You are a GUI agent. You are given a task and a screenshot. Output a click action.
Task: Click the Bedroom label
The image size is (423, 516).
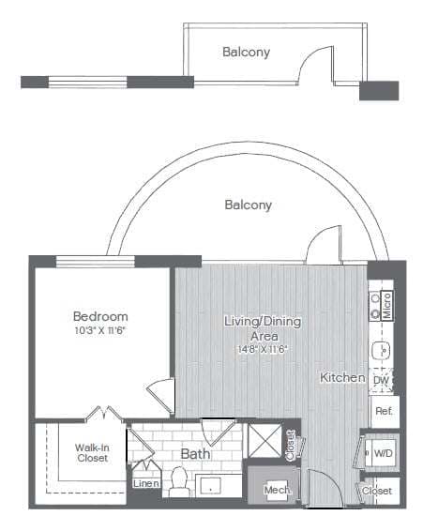coord(100,316)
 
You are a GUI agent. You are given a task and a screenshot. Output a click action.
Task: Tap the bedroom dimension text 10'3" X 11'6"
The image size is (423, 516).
coord(100,330)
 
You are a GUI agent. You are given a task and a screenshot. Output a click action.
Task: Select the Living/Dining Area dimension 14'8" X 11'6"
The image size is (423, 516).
coord(262,349)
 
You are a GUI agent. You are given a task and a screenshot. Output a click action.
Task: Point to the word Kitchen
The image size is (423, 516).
coord(342,377)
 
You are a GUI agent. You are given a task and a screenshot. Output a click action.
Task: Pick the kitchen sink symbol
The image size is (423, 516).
coord(382,351)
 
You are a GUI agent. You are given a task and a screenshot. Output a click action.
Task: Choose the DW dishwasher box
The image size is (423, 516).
coord(382,380)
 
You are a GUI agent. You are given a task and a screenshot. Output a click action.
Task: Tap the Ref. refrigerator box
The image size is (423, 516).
coord(383,411)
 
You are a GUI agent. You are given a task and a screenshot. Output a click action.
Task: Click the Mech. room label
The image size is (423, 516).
coord(275,491)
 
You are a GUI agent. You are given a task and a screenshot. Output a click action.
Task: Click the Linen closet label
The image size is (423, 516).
coord(145,484)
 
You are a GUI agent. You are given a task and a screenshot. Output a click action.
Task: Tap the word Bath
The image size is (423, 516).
coord(195,454)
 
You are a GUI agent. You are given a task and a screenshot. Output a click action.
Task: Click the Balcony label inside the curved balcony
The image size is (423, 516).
coord(249,205)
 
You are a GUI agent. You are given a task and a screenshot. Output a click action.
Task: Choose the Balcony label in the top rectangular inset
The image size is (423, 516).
coord(246,53)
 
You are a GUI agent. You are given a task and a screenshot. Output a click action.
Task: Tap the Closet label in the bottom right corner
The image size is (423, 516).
coord(377,491)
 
